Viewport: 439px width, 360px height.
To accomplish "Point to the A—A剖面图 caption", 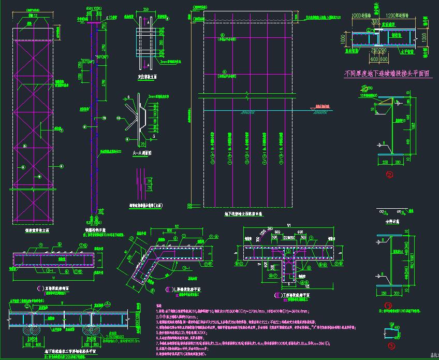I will (141, 153).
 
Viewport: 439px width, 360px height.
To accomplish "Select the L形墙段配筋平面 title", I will (183, 290).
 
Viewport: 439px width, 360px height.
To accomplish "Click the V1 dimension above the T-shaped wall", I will (287, 226).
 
